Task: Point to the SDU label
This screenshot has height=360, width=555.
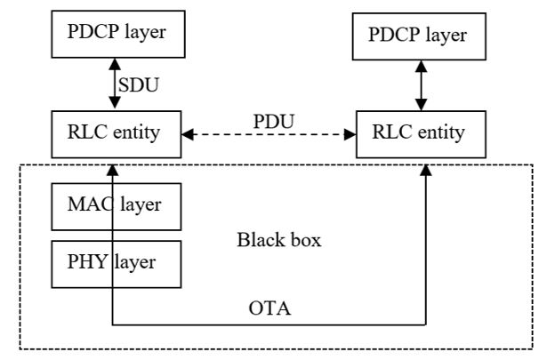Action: (x=142, y=85)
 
